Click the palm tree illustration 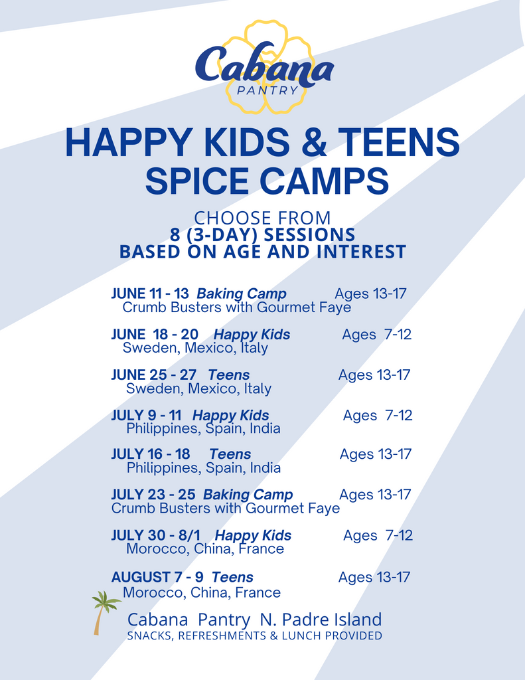(x=104, y=612)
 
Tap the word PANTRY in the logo (x=267, y=90)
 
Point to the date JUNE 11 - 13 (x=150, y=294)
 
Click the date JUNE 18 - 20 (x=155, y=335)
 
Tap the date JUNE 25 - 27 (x=153, y=375)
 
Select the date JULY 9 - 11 (x=146, y=415)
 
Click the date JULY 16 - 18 (x=151, y=454)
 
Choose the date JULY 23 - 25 (x=153, y=494)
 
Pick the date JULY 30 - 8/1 (x=155, y=535)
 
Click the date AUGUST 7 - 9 (x=157, y=577)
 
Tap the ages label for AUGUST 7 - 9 (x=374, y=577)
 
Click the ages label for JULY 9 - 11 (x=378, y=416)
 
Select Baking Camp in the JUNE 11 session (x=242, y=294)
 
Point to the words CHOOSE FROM (x=262, y=218)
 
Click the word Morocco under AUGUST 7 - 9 (x=155, y=592)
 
